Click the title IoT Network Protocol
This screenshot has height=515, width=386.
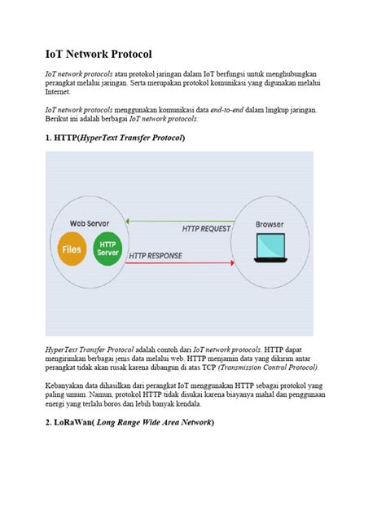pos(99,55)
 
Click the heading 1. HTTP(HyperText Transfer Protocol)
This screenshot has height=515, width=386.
pos(115,138)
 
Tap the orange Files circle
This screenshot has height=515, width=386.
pos(72,249)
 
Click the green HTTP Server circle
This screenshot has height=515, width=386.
pos(107,249)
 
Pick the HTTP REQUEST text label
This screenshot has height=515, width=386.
pos(206,229)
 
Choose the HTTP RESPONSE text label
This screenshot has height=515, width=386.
pos(155,256)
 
